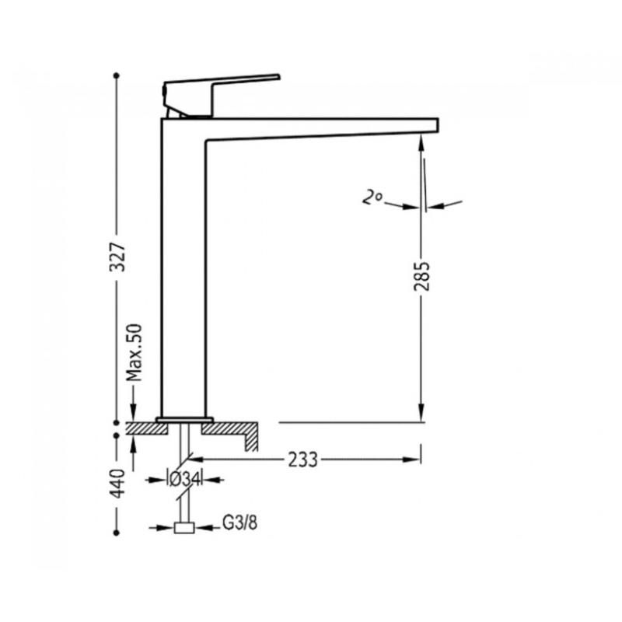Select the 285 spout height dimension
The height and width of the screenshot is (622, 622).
click(421, 276)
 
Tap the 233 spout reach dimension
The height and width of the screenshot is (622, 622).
click(302, 460)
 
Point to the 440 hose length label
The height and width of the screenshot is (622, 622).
click(117, 483)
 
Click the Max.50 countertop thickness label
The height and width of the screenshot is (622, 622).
click(134, 352)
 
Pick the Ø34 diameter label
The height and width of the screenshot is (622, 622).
click(183, 480)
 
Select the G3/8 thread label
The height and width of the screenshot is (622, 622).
click(239, 523)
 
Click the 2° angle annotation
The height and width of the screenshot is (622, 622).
click(372, 197)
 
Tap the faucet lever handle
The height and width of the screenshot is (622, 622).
click(222, 94)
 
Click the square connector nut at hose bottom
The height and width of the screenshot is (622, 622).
click(184, 528)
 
